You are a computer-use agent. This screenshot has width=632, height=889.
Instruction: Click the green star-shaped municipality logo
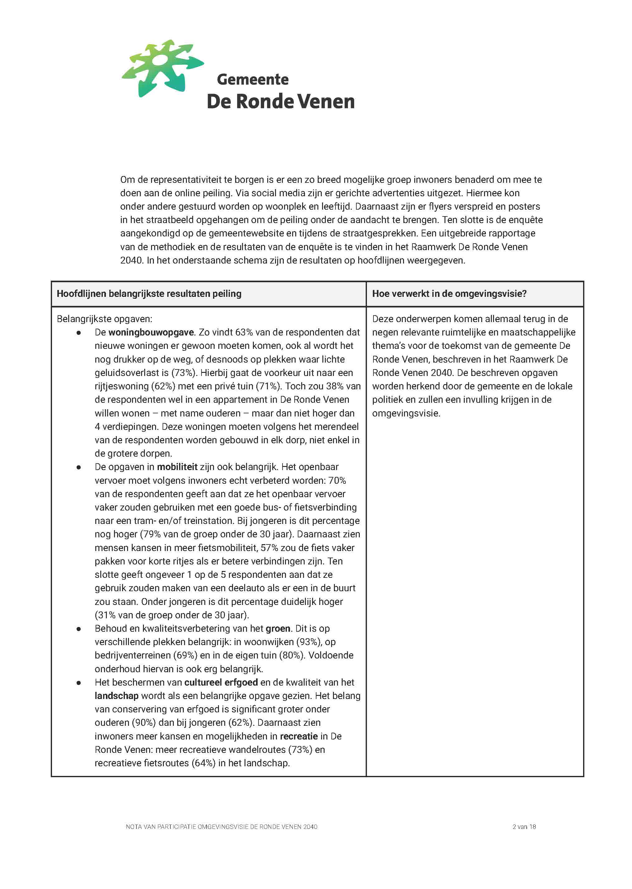click(162, 68)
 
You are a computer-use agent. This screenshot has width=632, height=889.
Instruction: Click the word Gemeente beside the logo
click(253, 79)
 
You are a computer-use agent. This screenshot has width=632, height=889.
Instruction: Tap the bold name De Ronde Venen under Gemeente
click(281, 102)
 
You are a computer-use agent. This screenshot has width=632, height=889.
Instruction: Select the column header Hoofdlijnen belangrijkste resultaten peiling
click(149, 294)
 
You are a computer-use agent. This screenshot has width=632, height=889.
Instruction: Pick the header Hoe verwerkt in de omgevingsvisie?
click(449, 294)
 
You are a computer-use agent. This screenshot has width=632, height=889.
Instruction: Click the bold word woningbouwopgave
click(151, 332)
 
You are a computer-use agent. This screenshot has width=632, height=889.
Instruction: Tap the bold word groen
click(278, 628)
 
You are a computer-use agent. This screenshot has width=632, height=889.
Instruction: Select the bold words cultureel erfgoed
click(221, 682)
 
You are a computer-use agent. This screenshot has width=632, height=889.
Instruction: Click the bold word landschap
click(116, 696)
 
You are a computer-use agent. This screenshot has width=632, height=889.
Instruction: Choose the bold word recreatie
click(299, 736)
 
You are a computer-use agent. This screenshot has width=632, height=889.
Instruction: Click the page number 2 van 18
click(524, 827)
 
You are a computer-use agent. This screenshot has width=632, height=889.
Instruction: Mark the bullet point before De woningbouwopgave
click(78, 333)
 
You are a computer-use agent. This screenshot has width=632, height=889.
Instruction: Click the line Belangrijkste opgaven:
click(104, 319)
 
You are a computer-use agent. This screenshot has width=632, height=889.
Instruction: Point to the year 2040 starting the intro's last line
click(131, 260)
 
